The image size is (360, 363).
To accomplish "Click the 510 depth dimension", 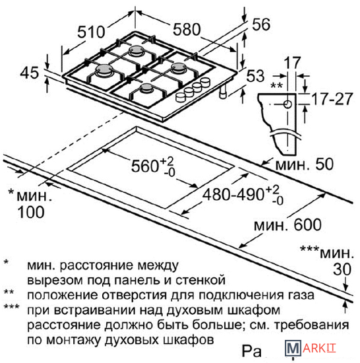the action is pyautogui.click(x=91, y=32).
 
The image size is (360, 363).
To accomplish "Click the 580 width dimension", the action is pyautogui.click(x=187, y=30).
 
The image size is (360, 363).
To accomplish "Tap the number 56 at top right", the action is pyautogui.click(x=261, y=24).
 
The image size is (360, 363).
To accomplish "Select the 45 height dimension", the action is pyautogui.click(x=30, y=73).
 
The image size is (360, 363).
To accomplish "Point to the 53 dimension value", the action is pyautogui.click(x=255, y=76).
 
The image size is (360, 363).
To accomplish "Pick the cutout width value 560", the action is pyautogui.click(x=145, y=166).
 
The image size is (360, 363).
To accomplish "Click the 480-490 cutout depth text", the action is pyautogui.click(x=233, y=194).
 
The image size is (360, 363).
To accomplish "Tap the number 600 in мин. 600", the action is pyautogui.click(x=307, y=224).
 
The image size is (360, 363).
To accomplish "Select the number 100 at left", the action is pyautogui.click(x=31, y=212).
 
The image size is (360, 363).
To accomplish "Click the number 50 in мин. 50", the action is pyautogui.click(x=324, y=164).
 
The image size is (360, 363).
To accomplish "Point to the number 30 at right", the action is pyautogui.click(x=342, y=269).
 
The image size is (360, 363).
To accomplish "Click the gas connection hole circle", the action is pyautogui.click(x=287, y=104).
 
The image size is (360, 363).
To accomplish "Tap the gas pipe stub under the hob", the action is pyautogui.click(x=223, y=92).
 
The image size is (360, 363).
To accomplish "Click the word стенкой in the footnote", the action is pyautogui.click(x=200, y=280).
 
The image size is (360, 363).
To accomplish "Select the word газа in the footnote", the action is pyautogui.click(x=301, y=295).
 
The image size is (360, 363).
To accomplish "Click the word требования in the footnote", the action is pyautogui.click(x=311, y=325).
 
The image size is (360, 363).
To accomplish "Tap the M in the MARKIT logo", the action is pyautogui.click(x=293, y=348).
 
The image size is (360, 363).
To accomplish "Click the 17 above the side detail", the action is pyautogui.click(x=292, y=62).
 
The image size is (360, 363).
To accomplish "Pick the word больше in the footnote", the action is pyautogui.click(x=217, y=325).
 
